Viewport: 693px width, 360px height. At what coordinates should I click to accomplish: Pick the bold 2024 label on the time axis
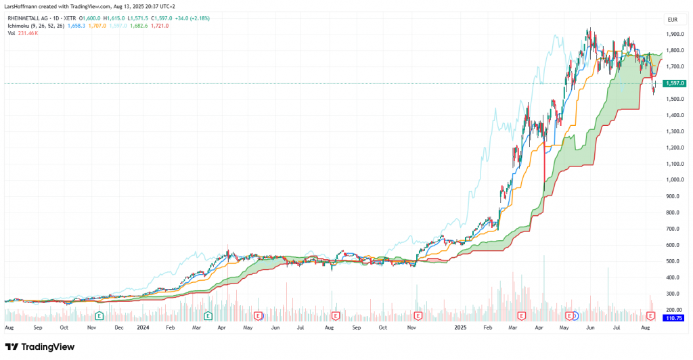(143, 327)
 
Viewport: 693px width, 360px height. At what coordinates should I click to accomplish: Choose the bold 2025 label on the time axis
(460, 327)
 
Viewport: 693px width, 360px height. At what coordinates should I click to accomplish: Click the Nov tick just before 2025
(410, 327)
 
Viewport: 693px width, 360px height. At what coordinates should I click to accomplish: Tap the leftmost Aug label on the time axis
(9, 327)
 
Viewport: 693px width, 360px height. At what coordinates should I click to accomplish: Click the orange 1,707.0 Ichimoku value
(97, 26)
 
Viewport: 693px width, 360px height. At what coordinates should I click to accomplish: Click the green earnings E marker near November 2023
(99, 315)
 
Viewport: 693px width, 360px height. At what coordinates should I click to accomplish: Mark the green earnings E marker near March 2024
(208, 315)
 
